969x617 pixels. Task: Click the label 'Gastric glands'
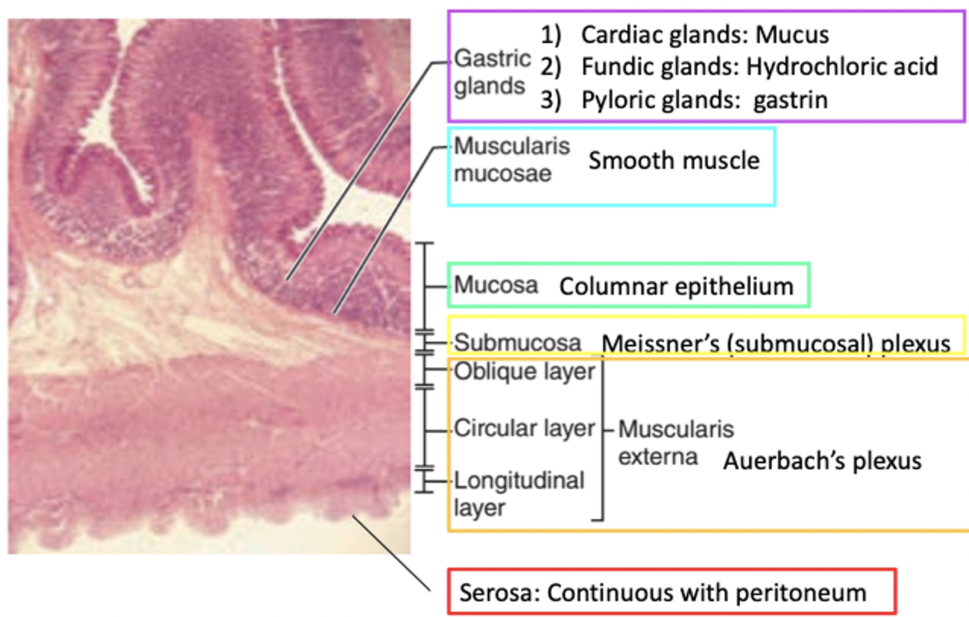(492, 72)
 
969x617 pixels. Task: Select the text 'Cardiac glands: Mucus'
(705, 35)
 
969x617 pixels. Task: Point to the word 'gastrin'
(790, 100)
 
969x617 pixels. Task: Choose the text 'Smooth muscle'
(673, 160)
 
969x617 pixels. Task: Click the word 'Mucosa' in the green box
(496, 285)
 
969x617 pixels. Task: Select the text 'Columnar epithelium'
(676, 286)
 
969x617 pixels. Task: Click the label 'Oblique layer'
(524, 371)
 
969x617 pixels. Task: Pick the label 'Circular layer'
(524, 429)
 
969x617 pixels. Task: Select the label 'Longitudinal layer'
(519, 493)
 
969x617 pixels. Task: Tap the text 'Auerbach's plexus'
(822, 461)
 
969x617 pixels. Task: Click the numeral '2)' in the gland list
(551, 67)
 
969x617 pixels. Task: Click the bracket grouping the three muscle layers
(602, 436)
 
